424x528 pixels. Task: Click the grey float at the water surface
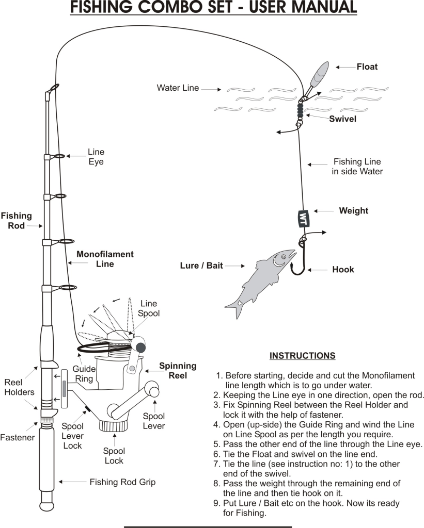(319, 74)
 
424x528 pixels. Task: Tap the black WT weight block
(303, 218)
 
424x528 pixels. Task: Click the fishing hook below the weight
(299, 257)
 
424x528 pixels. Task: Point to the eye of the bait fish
(283, 257)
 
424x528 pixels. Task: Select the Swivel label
(343, 119)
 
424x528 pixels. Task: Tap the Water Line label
(178, 88)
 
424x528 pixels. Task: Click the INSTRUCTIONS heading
(302, 356)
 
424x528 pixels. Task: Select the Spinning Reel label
(178, 370)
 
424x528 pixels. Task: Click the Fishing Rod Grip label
(122, 482)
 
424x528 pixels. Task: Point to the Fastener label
(18, 437)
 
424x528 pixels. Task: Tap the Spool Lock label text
(114, 456)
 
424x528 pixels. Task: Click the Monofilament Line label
(105, 259)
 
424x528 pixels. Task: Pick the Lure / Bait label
(201, 266)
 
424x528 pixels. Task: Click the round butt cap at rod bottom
(47, 506)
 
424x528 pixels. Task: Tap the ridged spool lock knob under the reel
(114, 426)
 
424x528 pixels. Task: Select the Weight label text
(353, 211)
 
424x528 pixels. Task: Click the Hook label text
(343, 269)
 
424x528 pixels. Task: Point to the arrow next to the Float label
(346, 68)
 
